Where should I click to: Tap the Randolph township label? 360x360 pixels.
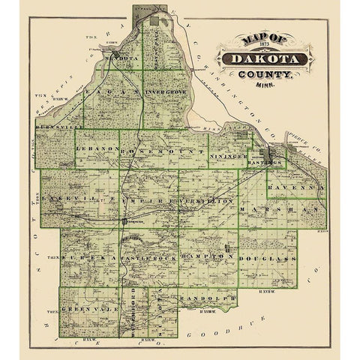209,299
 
